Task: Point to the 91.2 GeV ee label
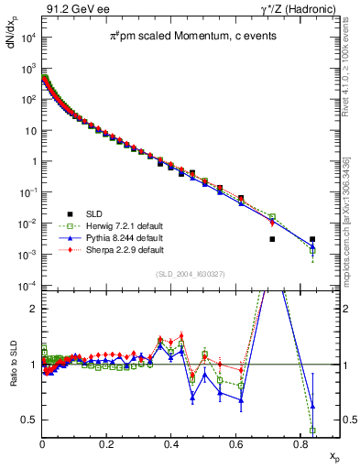(74, 7)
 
